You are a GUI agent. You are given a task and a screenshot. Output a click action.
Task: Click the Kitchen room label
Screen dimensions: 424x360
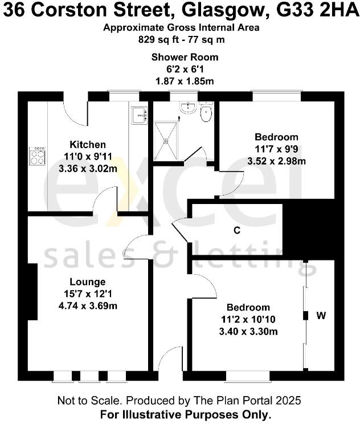pos(87,144)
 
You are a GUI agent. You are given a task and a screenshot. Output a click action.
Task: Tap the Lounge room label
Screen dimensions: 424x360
pos(87,282)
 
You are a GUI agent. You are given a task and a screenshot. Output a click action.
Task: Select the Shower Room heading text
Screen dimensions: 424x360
pos(184,57)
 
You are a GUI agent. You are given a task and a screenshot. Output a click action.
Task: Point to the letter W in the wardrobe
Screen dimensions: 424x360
pos(321,315)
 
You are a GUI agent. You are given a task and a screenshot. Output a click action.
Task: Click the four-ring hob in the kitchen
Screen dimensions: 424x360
pos(38,156)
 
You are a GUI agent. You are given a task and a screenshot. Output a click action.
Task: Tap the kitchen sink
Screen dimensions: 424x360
pos(138,115)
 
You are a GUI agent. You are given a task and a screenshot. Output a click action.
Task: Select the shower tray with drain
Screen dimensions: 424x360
pos(166,139)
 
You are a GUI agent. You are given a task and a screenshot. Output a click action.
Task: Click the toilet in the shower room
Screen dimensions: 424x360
pos(206,113)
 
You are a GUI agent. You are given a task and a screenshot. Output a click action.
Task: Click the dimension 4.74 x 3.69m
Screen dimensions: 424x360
pos(87,305)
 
